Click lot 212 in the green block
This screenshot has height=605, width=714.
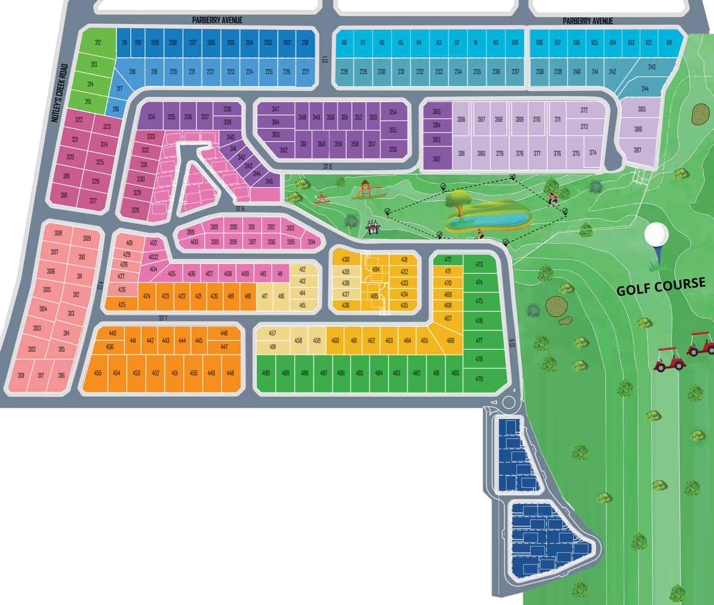click(x=98, y=43)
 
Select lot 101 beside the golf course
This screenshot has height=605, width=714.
click(x=669, y=43)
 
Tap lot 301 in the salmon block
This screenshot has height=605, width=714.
click(x=21, y=376)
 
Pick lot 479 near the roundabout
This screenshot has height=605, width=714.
click(x=479, y=379)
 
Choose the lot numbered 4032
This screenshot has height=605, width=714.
click(x=153, y=257)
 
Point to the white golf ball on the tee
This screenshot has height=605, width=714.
click(x=656, y=234)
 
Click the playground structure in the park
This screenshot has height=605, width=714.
click(x=365, y=189)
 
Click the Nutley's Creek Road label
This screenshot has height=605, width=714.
click(x=60, y=93)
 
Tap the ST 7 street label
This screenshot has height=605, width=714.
click(x=163, y=318)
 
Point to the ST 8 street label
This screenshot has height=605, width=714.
click(x=327, y=167)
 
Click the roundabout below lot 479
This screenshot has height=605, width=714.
click(x=508, y=403)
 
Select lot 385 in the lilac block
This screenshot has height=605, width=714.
click(x=642, y=109)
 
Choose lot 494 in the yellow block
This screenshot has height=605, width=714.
click(x=376, y=269)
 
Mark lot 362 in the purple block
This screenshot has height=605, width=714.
click(x=283, y=150)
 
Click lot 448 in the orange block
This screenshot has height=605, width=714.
click(x=230, y=373)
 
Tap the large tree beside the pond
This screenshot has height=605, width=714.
click(x=458, y=202)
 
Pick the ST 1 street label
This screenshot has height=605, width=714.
click(x=325, y=59)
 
